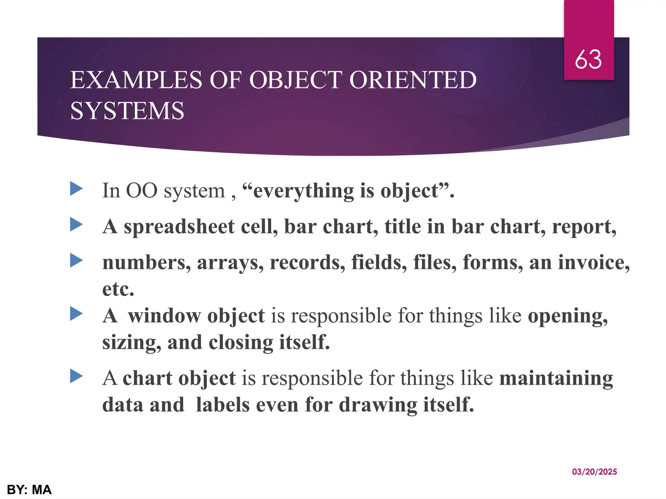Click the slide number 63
pyautogui.click(x=588, y=60)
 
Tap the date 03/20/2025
pyautogui.click(x=594, y=472)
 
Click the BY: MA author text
pyautogui.click(x=29, y=490)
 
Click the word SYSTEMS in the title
pyautogui.click(x=127, y=111)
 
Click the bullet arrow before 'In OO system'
pyautogui.click(x=76, y=189)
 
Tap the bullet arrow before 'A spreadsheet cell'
pyautogui.click(x=76, y=224)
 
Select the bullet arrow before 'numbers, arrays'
pyautogui.click(x=76, y=261)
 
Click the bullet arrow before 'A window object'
pyautogui.click(x=76, y=314)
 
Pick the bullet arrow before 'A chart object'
pyautogui.click(x=76, y=376)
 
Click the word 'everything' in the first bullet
pyautogui.click(x=303, y=191)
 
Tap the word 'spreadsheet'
pyautogui.click(x=179, y=226)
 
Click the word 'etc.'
pyautogui.click(x=118, y=289)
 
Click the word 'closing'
pyautogui.click(x=241, y=343)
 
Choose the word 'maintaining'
pyautogui.click(x=556, y=379)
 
